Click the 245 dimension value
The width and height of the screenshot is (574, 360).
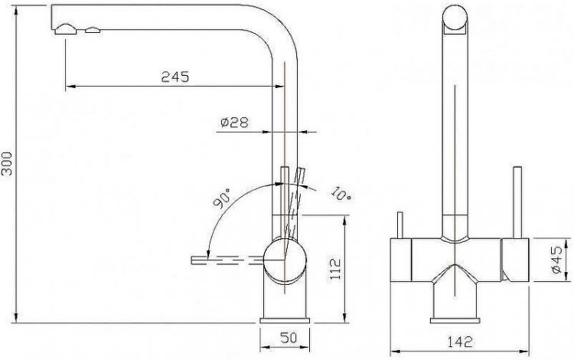click(175, 76)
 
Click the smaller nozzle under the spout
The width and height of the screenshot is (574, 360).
click(93, 31)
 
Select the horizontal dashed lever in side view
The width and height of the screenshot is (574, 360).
click(227, 260)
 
